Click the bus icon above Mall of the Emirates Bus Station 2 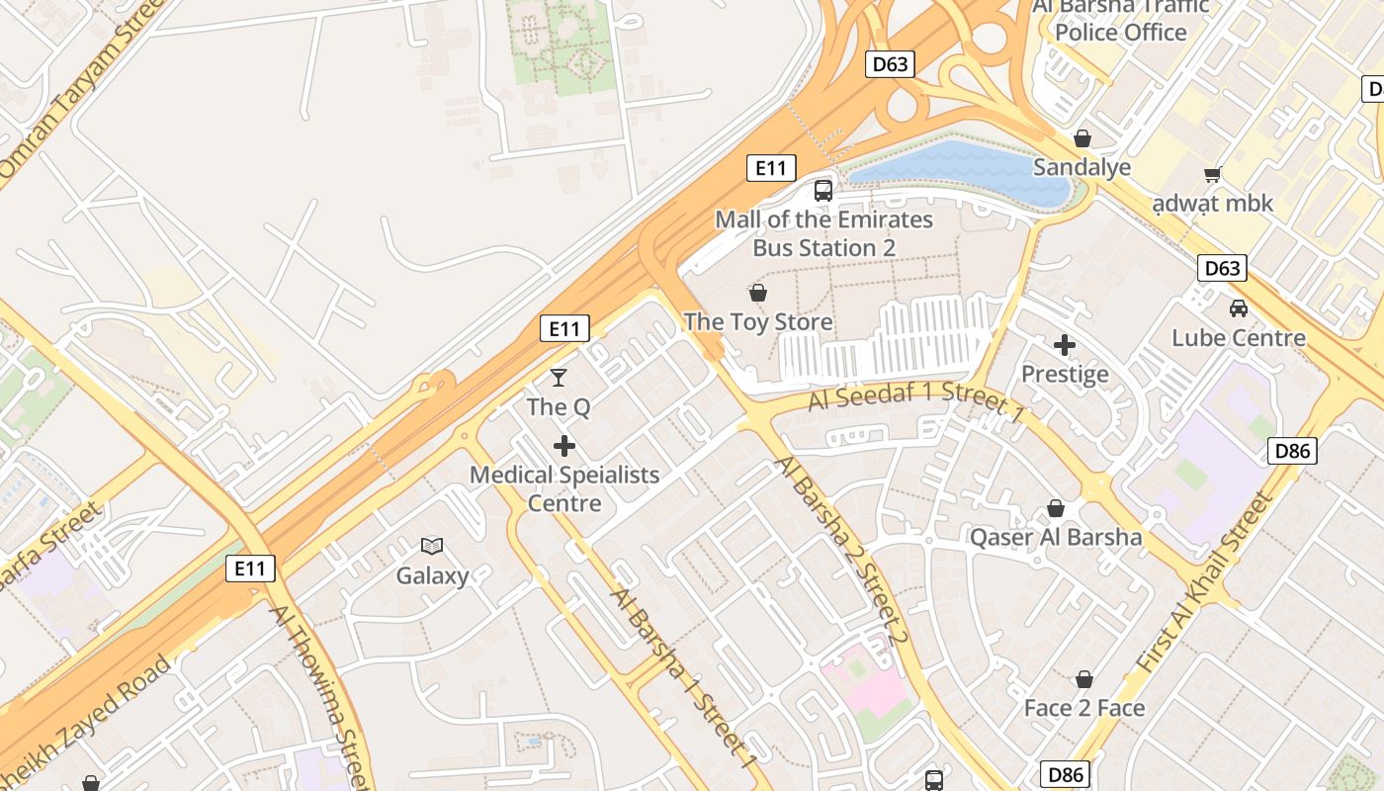[x=823, y=190]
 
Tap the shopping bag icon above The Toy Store [x=758, y=293]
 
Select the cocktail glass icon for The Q [x=559, y=378]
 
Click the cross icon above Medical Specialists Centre [x=564, y=446]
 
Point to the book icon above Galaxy [x=432, y=546]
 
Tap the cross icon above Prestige [x=1065, y=345]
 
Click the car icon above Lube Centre [x=1239, y=308]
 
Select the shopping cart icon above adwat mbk [x=1213, y=174]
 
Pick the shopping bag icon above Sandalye [x=1082, y=138]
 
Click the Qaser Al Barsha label [x=1056, y=537]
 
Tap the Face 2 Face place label [x=1084, y=708]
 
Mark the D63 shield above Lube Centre [x=1223, y=268]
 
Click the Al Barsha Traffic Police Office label [x=1121, y=20]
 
